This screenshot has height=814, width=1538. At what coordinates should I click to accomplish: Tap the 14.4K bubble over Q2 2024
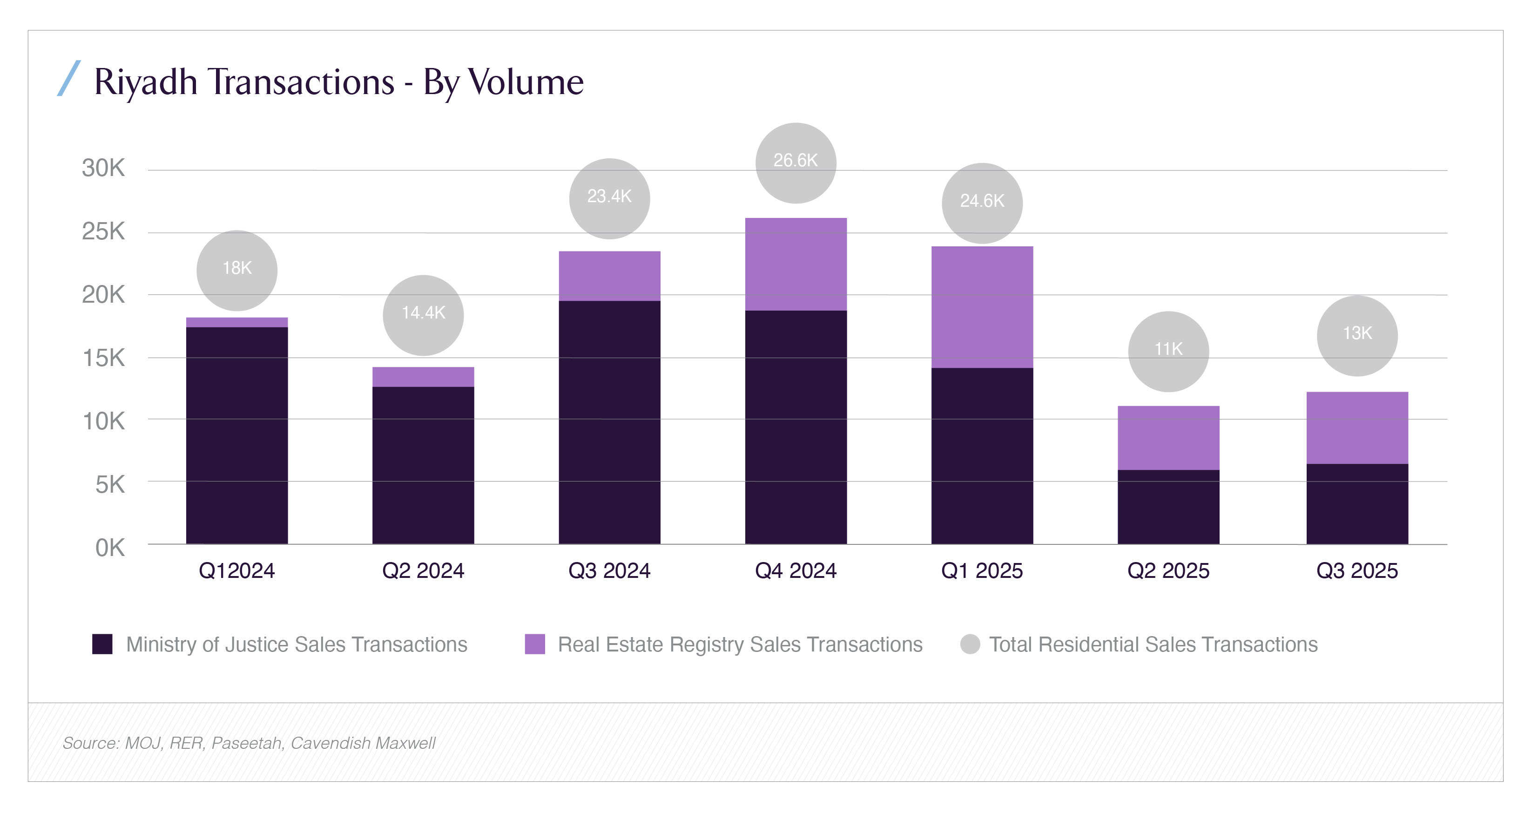point(423,315)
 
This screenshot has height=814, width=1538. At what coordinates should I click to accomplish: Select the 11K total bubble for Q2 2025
point(1168,351)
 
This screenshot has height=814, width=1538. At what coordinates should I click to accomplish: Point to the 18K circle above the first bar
point(236,270)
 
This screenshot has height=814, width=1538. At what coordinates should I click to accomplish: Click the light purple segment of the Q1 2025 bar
point(982,307)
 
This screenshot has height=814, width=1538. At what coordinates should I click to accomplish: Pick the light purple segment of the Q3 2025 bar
point(1356,427)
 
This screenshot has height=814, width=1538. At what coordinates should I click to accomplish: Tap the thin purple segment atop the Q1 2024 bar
point(236,323)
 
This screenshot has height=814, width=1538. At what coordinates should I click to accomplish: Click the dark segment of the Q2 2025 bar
point(1168,507)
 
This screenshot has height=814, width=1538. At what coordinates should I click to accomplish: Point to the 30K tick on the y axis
point(103,169)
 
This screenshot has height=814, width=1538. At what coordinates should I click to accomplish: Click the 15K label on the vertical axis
point(103,358)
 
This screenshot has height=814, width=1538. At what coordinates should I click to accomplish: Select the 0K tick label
point(110,548)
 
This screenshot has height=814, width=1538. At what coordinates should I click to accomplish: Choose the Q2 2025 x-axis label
point(1168,571)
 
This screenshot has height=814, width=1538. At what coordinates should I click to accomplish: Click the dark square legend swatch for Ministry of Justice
point(102,644)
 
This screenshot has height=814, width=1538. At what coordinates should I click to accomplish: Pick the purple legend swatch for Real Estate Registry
point(534,644)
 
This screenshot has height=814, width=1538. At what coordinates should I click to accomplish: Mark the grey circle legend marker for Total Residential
point(970,644)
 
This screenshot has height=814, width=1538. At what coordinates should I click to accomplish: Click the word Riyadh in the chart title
point(146,82)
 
